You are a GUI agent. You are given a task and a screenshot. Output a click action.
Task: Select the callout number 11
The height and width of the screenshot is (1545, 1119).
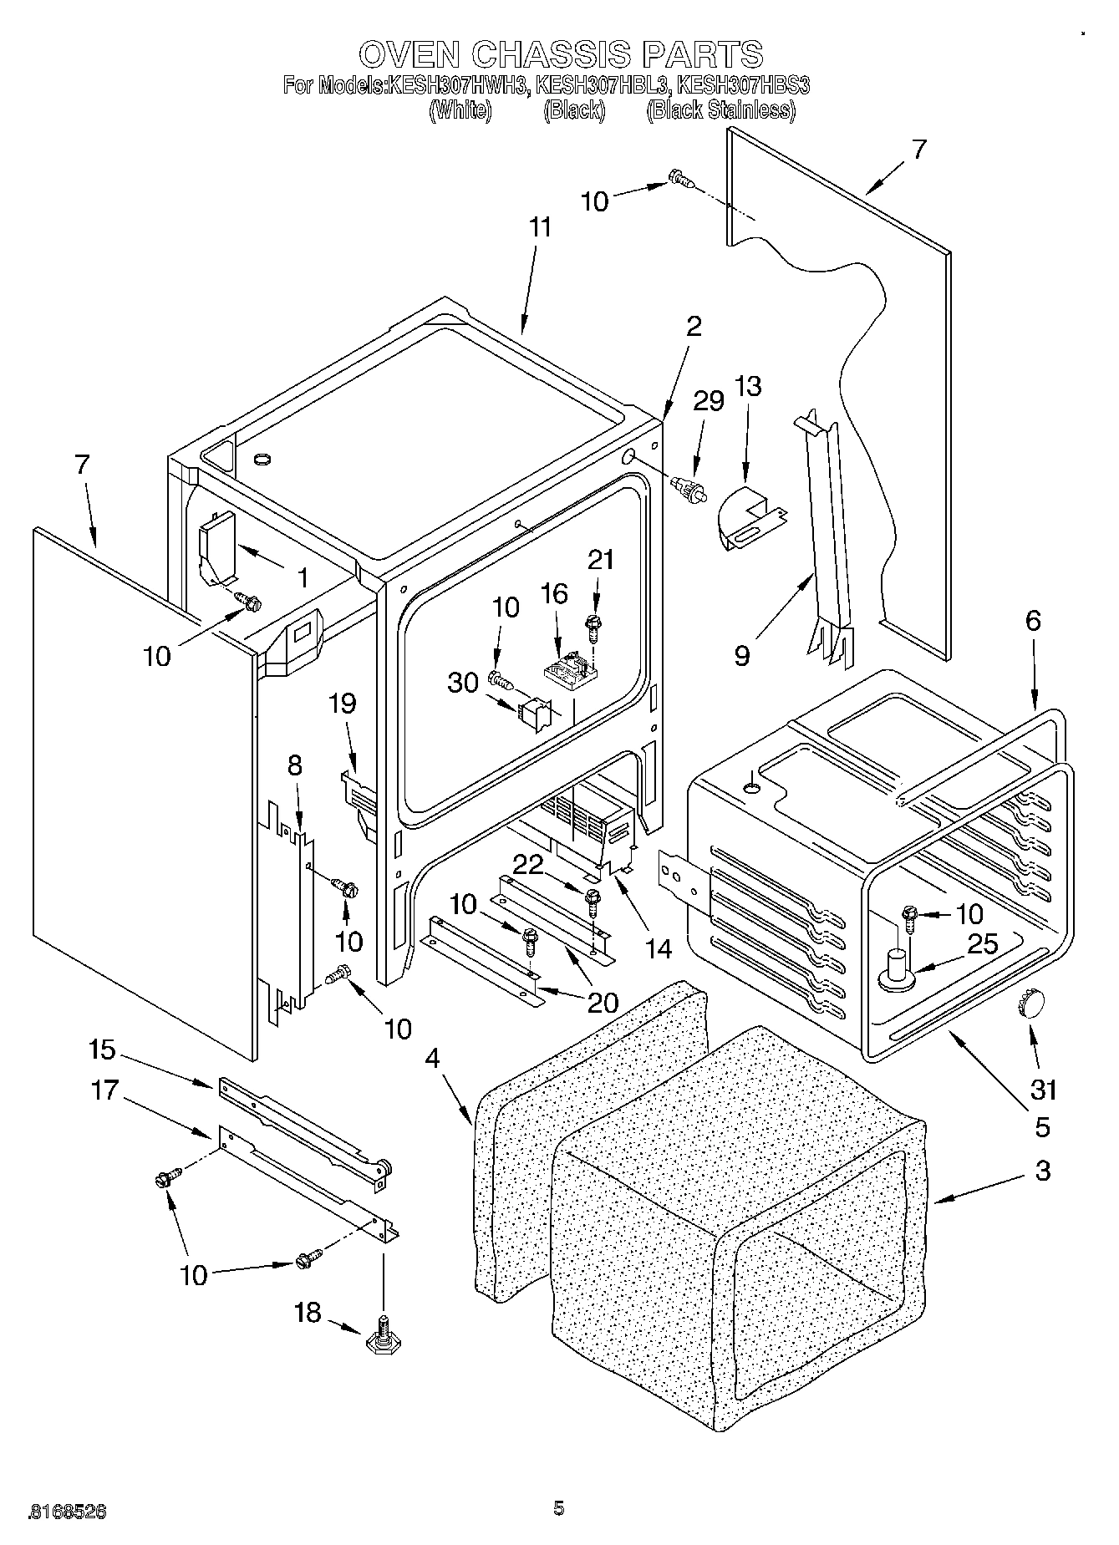click(x=541, y=228)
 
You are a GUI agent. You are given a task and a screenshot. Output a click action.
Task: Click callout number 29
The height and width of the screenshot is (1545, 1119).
click(x=709, y=401)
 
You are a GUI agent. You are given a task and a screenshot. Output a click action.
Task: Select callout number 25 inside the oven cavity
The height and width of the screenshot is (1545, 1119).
click(x=982, y=944)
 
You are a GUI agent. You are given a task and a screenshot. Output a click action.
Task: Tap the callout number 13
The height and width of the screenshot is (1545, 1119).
click(x=749, y=387)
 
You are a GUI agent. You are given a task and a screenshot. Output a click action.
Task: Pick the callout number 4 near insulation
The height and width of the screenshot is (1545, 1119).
click(x=431, y=1058)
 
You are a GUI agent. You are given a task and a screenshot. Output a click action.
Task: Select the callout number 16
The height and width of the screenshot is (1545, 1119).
click(x=554, y=594)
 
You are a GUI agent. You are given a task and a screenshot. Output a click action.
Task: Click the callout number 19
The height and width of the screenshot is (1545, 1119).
click(x=343, y=704)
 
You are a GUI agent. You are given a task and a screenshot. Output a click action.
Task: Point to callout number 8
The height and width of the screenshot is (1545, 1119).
click(x=295, y=765)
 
